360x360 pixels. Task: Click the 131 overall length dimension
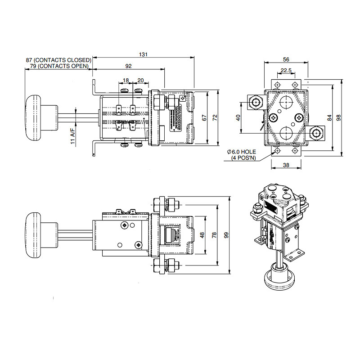tap(143, 54)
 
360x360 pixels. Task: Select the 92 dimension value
tap(128, 66)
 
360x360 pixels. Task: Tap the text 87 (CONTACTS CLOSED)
tap(58, 60)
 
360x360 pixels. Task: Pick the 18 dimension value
tap(126, 80)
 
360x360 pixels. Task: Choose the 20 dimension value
tap(140, 80)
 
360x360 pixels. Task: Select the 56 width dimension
tap(286, 59)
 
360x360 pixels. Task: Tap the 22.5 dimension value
tap(286, 70)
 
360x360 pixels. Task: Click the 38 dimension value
tap(286, 165)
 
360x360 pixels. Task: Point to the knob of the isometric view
tap(279, 279)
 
